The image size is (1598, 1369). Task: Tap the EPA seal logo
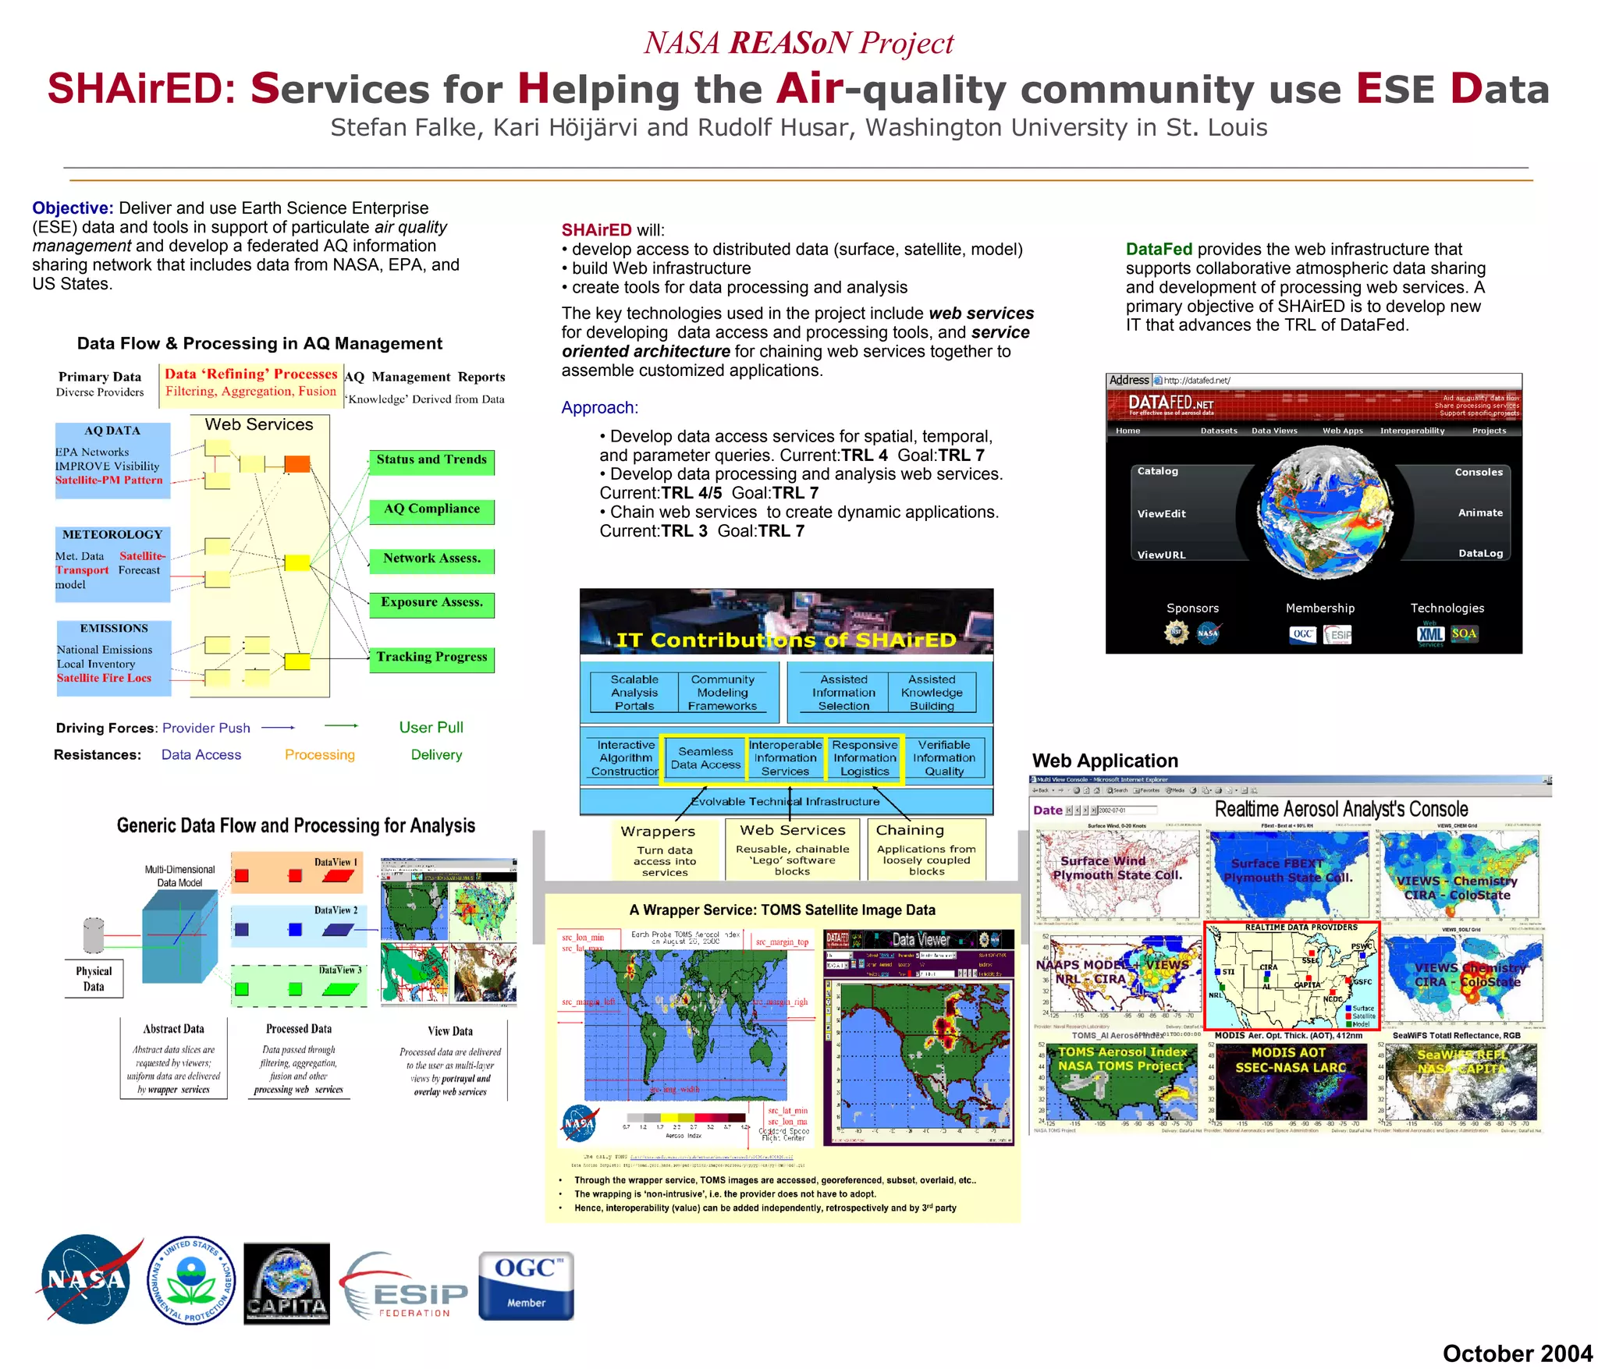pos(190,1280)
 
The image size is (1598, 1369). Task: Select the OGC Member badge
pos(526,1285)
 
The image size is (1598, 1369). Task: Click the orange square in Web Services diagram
pos(297,464)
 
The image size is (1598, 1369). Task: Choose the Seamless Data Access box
pos(705,758)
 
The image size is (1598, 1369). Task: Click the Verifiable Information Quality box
pos(943,758)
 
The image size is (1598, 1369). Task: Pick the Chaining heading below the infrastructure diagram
pos(910,830)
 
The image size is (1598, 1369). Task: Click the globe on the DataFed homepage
pos(1323,512)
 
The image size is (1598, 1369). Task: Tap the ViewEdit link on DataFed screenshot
pos(1161,514)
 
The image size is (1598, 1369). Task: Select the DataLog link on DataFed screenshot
pos(1480,553)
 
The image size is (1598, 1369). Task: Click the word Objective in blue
pos(73,208)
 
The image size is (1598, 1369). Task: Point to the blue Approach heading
pos(599,408)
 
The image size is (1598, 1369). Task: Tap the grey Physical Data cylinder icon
pos(94,935)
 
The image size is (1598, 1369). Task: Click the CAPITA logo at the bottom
pos(286,1283)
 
